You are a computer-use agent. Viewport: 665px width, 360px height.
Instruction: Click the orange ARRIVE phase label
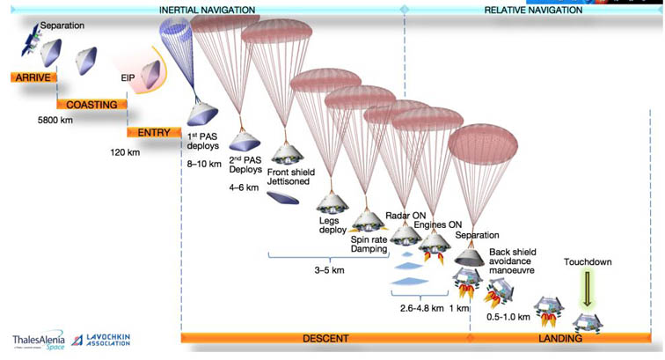point(34,77)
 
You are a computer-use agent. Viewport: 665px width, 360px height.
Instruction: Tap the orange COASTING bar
point(91,105)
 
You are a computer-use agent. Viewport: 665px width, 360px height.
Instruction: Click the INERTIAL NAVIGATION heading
point(208,10)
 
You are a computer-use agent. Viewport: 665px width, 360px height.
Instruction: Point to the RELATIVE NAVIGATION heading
point(533,10)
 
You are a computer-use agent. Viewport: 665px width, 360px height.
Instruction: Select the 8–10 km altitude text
point(203,163)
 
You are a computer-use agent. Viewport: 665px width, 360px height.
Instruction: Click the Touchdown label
point(588,262)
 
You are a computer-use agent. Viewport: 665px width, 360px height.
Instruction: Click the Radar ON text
point(406,215)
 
